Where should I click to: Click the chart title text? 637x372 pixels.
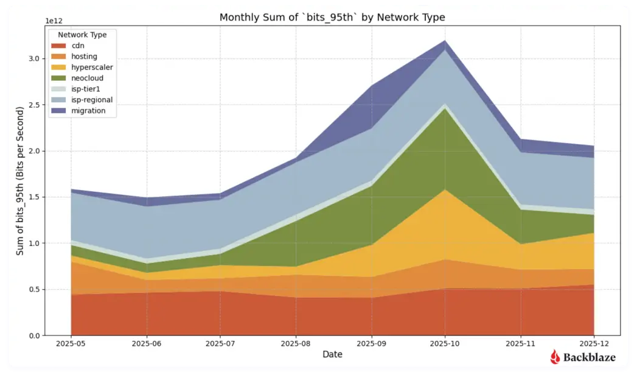pos(332,18)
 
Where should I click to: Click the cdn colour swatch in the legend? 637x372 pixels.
pos(58,46)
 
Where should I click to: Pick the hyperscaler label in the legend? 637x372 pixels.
pos(92,68)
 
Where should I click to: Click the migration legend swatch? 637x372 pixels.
pos(58,111)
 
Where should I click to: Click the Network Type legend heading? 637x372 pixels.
pos(82,35)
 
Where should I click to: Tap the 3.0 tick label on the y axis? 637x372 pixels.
pos(34,58)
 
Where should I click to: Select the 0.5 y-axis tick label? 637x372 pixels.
pos(34,289)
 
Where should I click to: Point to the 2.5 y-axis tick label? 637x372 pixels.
pos(34,105)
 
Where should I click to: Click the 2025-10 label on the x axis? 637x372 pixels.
pos(445,343)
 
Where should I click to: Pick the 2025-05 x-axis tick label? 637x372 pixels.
pos(71,343)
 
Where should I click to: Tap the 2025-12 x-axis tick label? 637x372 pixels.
pos(594,343)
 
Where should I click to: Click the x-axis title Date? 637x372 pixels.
pos(332,354)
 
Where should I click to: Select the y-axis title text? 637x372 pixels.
pos(20,181)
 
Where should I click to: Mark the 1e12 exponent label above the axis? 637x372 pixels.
pos(54,21)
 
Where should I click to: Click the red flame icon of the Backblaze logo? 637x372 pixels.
pos(555,357)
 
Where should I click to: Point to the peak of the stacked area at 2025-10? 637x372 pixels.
pos(445,40)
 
